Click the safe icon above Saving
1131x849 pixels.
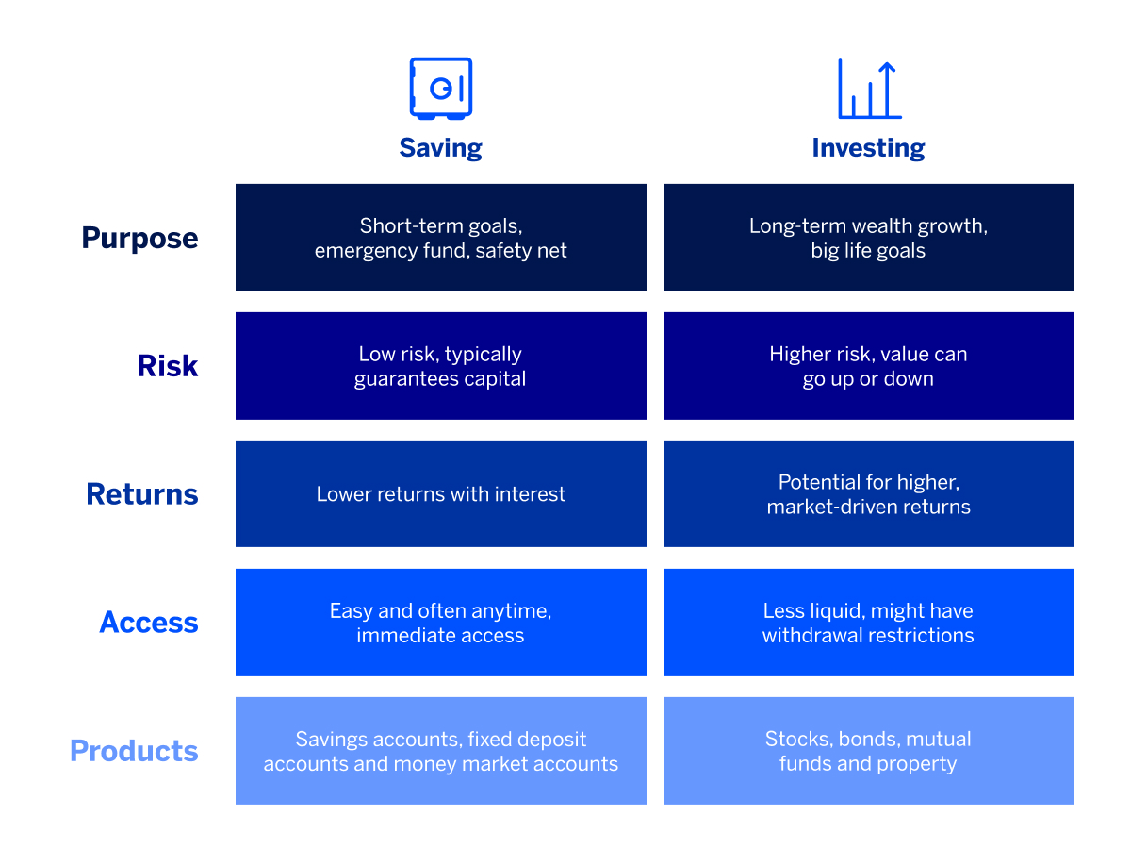click(440, 89)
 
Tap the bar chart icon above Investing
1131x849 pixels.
click(868, 90)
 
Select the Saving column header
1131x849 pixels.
click(440, 148)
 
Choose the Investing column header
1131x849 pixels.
click(868, 148)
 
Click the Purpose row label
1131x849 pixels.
click(139, 238)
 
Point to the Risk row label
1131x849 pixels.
click(168, 366)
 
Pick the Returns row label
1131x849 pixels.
click(142, 494)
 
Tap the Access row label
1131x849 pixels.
click(149, 623)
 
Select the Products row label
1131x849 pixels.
click(134, 751)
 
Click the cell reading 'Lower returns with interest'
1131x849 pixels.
click(440, 494)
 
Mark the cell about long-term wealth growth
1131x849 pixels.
click(868, 238)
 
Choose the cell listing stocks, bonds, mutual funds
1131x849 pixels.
click(868, 751)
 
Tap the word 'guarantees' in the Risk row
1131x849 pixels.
click(402, 379)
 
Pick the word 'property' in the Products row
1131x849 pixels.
click(918, 764)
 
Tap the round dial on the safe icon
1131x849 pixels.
click(439, 88)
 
